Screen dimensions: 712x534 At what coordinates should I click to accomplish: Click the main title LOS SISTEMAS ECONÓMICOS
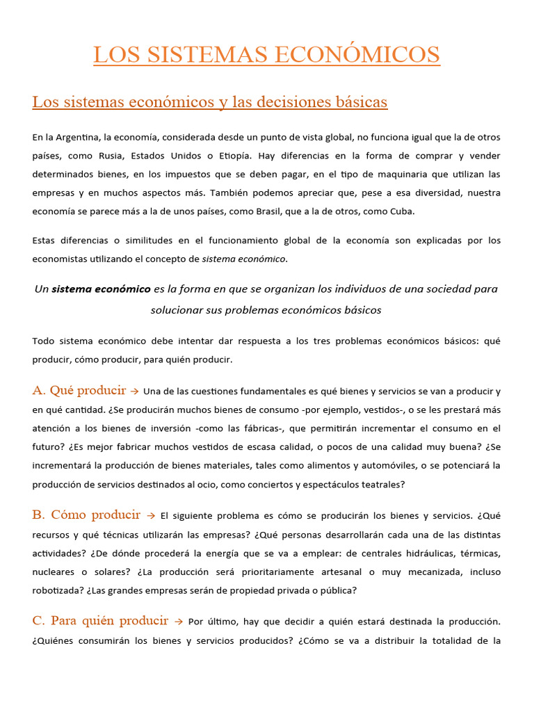[x=267, y=54]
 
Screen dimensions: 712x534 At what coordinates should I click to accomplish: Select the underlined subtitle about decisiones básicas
[x=209, y=102]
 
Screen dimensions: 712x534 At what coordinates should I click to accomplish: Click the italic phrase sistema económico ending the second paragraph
[x=243, y=259]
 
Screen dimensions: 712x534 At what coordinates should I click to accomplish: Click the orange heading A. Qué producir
[x=79, y=390]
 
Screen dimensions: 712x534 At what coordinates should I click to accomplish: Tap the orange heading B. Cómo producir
[x=86, y=515]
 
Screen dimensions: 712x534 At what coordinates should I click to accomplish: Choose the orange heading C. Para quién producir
[x=100, y=621]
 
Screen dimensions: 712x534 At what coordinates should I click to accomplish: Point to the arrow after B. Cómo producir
[x=151, y=516]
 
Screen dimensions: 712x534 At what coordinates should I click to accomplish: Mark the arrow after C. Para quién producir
[x=179, y=622]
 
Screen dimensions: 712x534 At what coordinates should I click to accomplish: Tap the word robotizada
[x=58, y=590]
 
